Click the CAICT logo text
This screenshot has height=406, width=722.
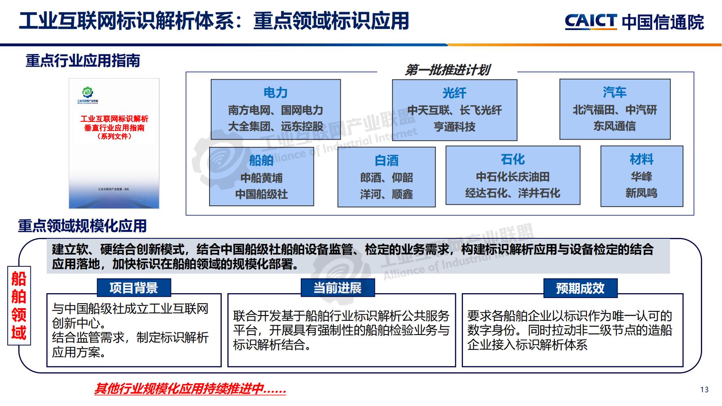[x=591, y=22]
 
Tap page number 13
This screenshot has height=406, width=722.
[x=705, y=389]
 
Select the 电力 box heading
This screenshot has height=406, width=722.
[x=275, y=93]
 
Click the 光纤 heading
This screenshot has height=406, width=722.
[x=454, y=93]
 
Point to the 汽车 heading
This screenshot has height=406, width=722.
[x=614, y=92]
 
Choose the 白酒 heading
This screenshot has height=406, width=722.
[x=386, y=160]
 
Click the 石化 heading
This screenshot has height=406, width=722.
[x=512, y=159]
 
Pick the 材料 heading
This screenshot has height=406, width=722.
[x=641, y=159]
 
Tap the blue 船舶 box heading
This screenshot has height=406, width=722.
[x=261, y=160]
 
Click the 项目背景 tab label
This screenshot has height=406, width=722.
[x=134, y=288]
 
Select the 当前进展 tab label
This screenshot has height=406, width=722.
[x=337, y=288]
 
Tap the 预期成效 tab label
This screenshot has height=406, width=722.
[x=580, y=288]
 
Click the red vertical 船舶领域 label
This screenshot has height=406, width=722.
[x=19, y=306]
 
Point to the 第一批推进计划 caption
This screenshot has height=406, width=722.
[x=447, y=70]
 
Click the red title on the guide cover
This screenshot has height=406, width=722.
[x=114, y=127]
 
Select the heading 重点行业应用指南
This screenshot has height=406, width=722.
[x=83, y=61]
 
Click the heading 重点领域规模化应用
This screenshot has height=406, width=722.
[x=82, y=226]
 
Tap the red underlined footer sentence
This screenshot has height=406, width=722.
[x=190, y=389]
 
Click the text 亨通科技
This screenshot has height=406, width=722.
[x=454, y=127]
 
